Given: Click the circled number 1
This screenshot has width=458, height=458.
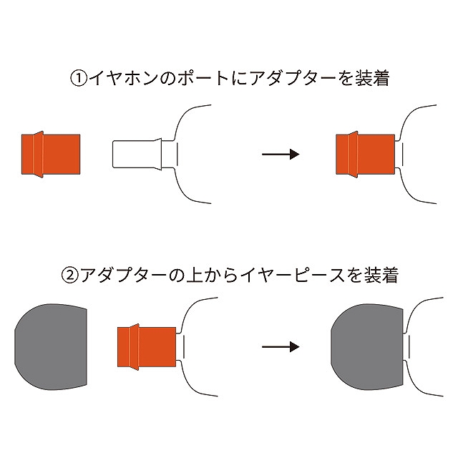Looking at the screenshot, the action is pos(79,79).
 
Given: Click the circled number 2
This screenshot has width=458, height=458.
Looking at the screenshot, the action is pos(70,276).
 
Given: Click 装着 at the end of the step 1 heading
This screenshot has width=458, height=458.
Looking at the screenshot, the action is pos(372,78).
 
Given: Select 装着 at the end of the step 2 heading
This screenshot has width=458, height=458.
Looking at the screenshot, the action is pos(381,276).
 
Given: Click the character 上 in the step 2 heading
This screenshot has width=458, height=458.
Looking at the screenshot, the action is pos(195,276).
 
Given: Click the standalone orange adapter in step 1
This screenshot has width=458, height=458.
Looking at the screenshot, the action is pos(51,155).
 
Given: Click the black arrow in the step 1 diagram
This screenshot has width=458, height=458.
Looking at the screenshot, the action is pos(281,154).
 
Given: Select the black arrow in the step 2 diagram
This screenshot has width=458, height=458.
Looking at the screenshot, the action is pos(281,346).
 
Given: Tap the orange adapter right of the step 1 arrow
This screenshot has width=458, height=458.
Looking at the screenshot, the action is pos(366,155).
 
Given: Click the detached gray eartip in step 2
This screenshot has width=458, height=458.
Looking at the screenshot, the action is pos(51,347).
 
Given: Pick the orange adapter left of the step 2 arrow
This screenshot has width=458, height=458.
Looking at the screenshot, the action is pos(147,347).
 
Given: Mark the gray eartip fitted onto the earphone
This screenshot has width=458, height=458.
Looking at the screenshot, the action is pos(367,347).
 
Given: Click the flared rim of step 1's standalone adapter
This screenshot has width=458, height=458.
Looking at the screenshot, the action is pos(39,155).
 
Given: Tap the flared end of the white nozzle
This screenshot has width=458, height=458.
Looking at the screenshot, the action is pos(158,155).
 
